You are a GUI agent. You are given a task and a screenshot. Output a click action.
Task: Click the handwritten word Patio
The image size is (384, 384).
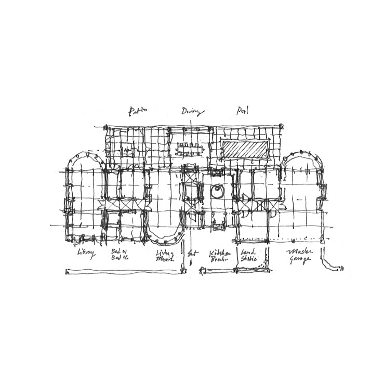click(138, 111)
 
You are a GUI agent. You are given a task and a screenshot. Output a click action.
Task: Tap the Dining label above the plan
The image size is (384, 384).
click(193, 111)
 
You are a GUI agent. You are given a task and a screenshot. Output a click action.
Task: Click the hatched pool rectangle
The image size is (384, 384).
click(245, 150)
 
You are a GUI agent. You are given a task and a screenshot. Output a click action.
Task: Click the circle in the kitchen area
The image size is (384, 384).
click(218, 191)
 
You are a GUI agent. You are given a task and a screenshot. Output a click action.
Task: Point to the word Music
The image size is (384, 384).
click(165, 260)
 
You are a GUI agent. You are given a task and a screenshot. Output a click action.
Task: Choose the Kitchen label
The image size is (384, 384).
click(218, 253)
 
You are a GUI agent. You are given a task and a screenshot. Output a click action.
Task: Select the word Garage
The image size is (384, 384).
click(300, 260)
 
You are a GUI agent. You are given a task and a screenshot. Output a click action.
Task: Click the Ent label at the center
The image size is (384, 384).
click(192, 254)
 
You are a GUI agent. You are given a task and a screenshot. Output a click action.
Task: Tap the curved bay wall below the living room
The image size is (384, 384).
click(165, 239)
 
